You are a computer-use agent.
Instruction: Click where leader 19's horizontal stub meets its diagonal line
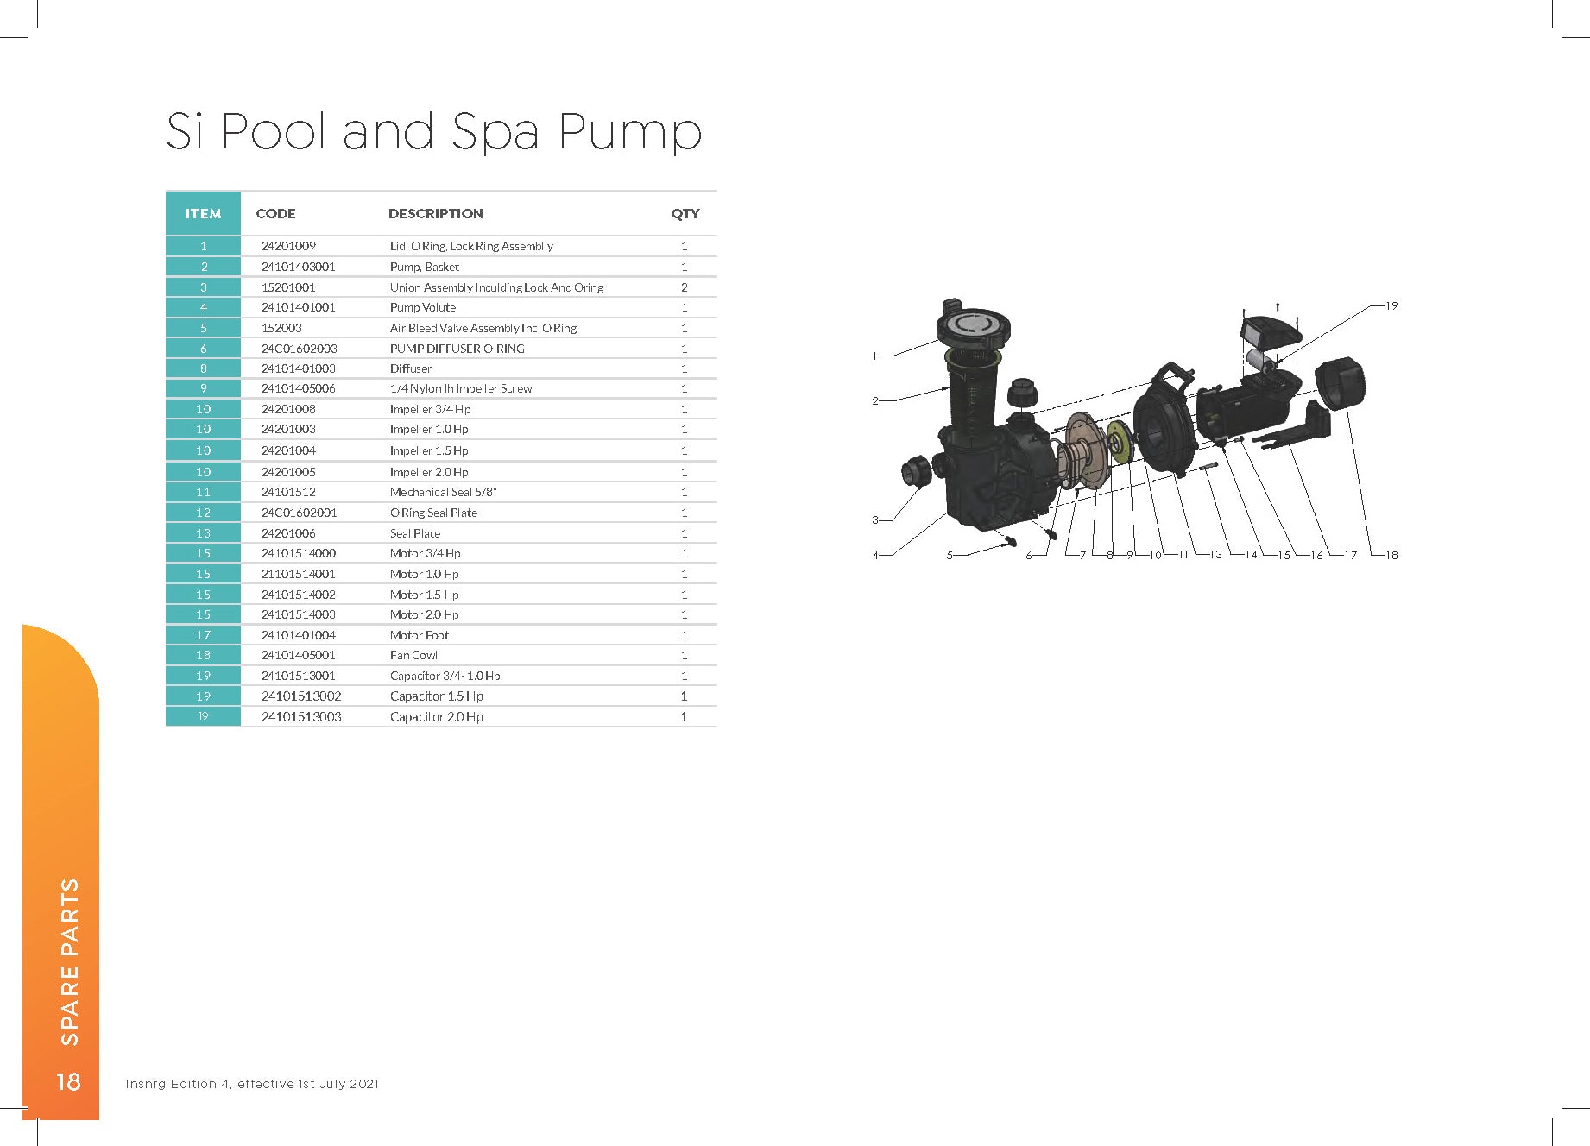coord(1372,305)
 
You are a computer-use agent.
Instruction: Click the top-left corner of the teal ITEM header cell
coord(166,192)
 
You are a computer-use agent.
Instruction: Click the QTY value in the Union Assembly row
coord(685,287)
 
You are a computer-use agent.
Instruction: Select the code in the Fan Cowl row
coord(299,655)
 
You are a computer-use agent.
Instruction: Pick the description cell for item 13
coord(415,533)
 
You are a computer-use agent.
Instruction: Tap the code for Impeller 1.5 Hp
coord(288,450)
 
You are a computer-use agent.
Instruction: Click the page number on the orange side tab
coord(68,1082)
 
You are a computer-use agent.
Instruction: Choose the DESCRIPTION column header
coord(435,213)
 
